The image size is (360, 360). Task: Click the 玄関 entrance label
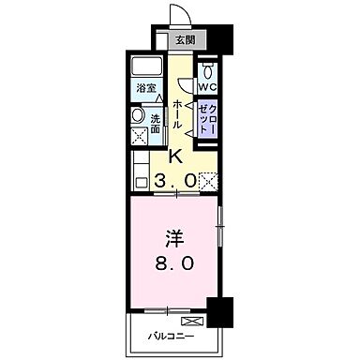pyautogui.click(x=186, y=40)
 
